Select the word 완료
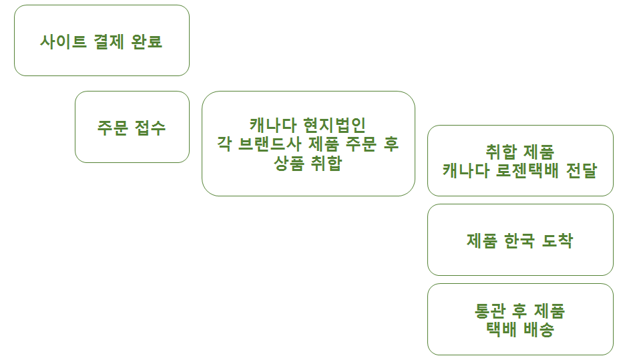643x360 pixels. coord(148,41)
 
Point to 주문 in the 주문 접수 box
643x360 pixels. coord(112,128)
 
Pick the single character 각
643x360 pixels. coord(225,144)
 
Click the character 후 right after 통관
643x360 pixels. coord(520,311)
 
